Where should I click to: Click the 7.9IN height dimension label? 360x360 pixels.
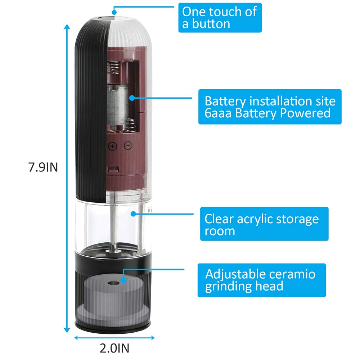click(x=43, y=168)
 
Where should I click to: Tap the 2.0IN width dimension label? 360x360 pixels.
click(x=114, y=348)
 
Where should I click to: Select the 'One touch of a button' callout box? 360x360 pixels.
click(x=220, y=18)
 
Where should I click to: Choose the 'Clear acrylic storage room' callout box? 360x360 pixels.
click(x=264, y=224)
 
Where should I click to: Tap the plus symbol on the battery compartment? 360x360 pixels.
click(x=113, y=146)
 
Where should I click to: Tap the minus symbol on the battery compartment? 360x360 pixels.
click(x=128, y=146)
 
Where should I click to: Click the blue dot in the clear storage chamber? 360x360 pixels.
click(x=133, y=213)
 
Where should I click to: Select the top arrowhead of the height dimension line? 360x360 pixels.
click(x=67, y=26)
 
